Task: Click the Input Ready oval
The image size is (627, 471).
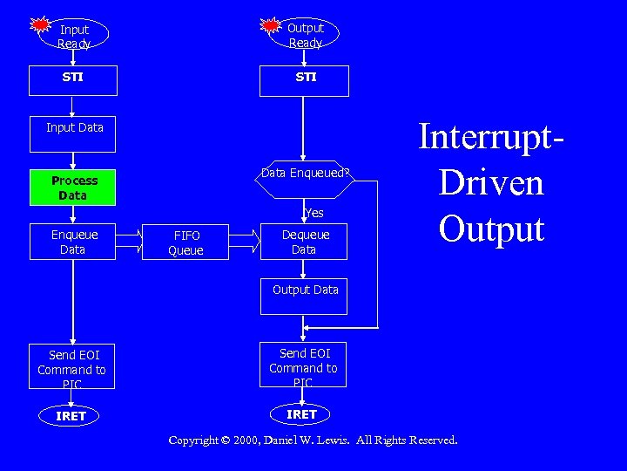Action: (x=74, y=36)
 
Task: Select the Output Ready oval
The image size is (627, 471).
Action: (x=306, y=35)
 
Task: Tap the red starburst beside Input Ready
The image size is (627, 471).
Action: (x=40, y=24)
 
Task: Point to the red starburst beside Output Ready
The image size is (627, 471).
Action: (x=271, y=25)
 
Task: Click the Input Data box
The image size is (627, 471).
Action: (x=75, y=128)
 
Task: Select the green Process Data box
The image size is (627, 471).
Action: (x=74, y=188)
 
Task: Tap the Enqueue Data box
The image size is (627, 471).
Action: (x=74, y=242)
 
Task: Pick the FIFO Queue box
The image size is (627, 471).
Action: (x=185, y=242)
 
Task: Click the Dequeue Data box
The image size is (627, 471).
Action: (x=305, y=242)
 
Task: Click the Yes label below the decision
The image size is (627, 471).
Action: (x=314, y=213)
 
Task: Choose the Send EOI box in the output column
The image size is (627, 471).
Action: (x=304, y=367)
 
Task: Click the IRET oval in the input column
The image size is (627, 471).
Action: (x=71, y=416)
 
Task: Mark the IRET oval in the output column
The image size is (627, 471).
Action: (x=302, y=413)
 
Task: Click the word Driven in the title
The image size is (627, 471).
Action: (x=491, y=183)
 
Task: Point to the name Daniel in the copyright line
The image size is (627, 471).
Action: (x=284, y=440)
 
